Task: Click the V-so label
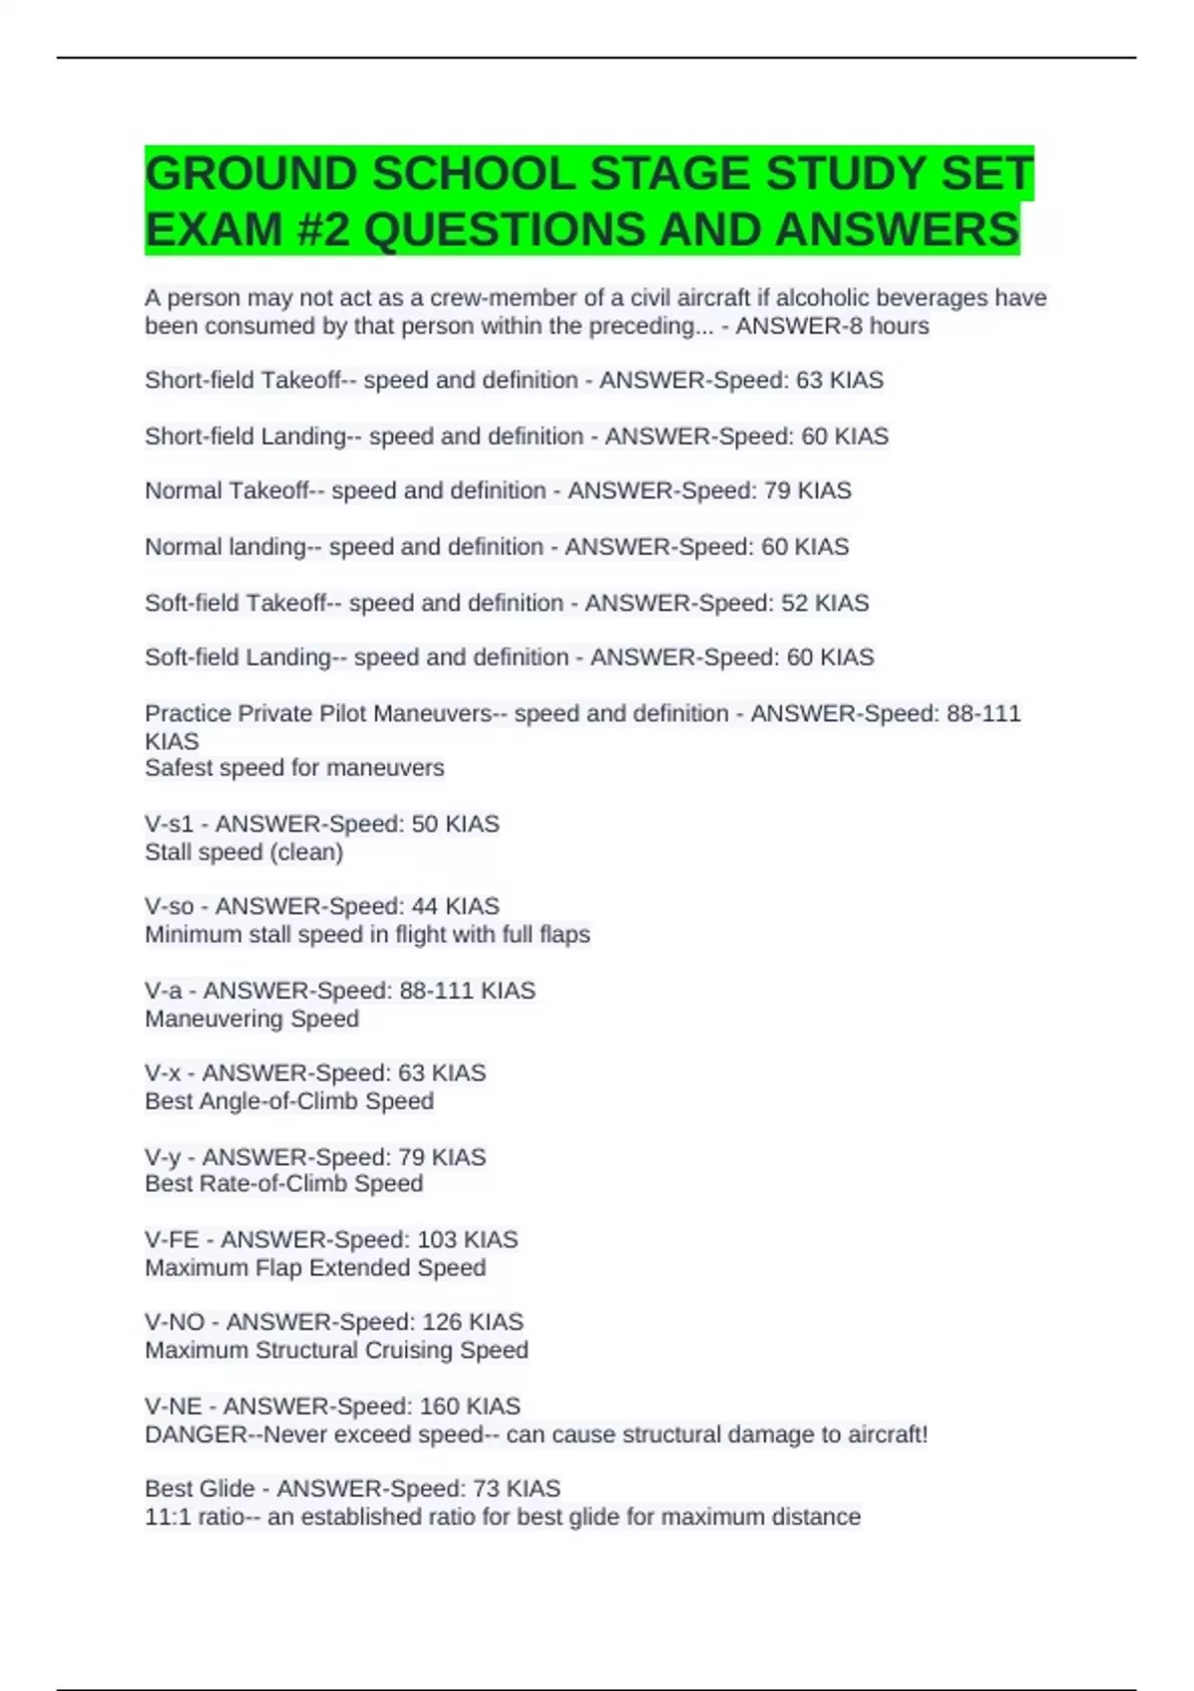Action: coord(169,906)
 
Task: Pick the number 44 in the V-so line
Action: coord(425,906)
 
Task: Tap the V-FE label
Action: coord(172,1239)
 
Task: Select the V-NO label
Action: coord(174,1322)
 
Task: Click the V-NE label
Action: coord(173,1406)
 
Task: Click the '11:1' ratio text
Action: coord(168,1517)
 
